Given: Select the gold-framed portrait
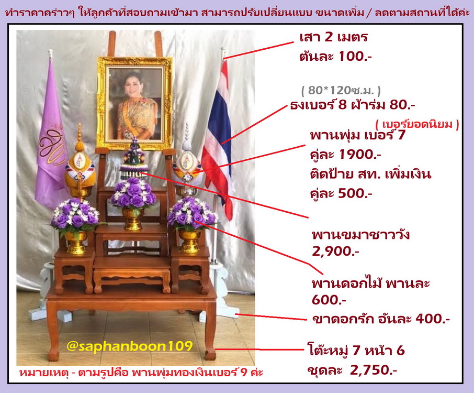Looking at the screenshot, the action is tap(134, 103).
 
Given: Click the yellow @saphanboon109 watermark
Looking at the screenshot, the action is tap(129, 345).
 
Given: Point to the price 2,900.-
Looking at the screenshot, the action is tap(335, 252).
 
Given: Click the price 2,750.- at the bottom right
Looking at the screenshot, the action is tap(374, 370).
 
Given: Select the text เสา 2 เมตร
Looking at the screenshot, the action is tap(333, 37).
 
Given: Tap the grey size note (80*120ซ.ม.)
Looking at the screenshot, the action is tap(341, 90).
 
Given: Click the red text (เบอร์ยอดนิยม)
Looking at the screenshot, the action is tap(417, 124).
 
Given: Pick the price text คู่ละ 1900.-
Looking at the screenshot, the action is tap(345, 155).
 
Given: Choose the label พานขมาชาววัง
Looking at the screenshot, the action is tap(361, 235).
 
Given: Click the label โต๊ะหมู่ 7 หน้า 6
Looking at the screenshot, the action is tap(356, 351).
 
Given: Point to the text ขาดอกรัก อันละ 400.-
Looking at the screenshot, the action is tap(380, 319).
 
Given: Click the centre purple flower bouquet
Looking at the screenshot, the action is tap(133, 193).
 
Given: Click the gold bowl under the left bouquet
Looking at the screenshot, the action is tap(76, 243).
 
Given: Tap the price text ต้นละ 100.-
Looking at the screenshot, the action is tap(335, 56).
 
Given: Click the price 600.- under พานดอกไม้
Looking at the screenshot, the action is tap(329, 300).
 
